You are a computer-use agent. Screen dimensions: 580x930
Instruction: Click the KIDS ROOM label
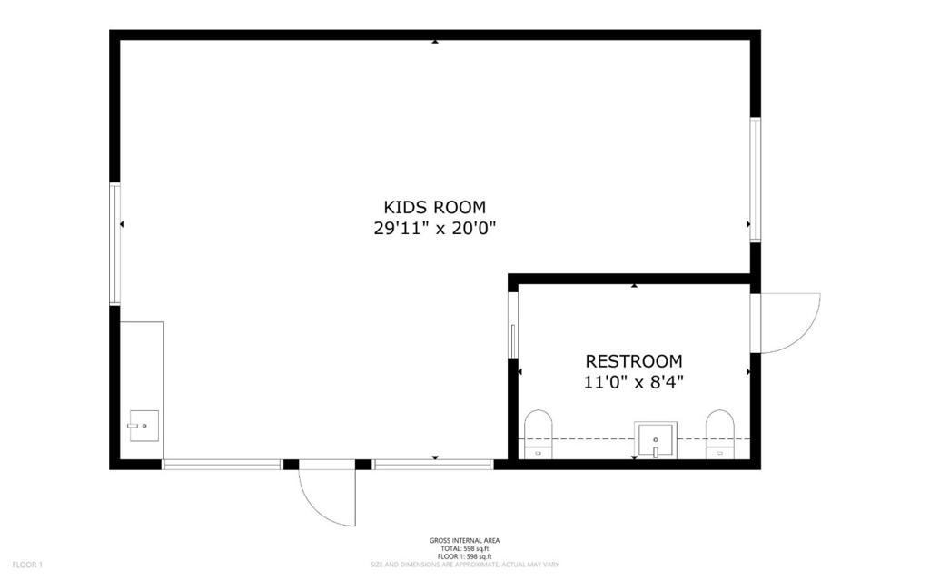(x=434, y=207)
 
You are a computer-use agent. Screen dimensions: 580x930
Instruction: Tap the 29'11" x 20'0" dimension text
(x=434, y=228)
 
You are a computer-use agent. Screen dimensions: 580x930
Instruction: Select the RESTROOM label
(x=633, y=361)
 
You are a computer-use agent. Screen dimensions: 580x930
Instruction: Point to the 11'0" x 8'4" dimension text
(x=633, y=382)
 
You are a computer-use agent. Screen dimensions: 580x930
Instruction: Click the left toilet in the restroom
(x=539, y=434)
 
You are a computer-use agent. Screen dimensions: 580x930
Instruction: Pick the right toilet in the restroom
(x=719, y=434)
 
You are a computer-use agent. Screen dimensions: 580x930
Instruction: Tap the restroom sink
(x=655, y=439)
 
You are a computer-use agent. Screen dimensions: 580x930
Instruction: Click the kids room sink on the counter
(x=143, y=425)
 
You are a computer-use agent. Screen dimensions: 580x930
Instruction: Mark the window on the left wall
(x=115, y=243)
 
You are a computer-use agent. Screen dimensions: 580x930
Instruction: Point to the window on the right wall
(x=755, y=179)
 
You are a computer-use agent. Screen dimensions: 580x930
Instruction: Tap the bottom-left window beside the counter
(x=222, y=465)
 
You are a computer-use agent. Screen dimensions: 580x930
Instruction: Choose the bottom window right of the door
(x=432, y=465)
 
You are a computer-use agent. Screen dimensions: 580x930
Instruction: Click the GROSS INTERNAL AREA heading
(x=464, y=541)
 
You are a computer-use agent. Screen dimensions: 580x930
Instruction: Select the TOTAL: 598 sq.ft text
(x=464, y=548)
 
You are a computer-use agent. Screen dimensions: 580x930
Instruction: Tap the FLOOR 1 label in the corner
(x=27, y=565)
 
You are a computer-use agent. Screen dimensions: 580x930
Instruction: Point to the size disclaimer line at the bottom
(x=464, y=565)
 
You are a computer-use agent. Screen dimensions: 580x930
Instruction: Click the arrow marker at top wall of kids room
(x=435, y=42)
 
